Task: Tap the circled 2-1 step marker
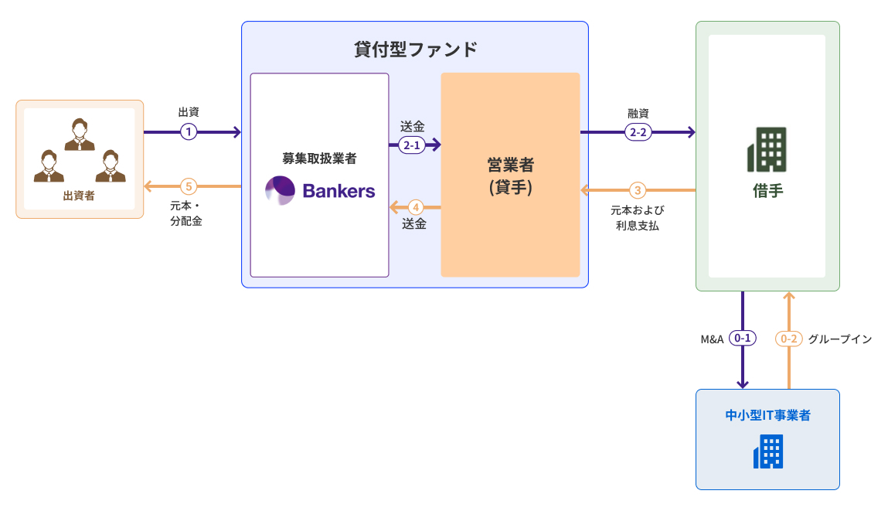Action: (x=411, y=144)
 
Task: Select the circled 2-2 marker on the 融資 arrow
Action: (x=638, y=132)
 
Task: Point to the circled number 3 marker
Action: (x=637, y=189)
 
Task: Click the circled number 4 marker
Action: (x=415, y=207)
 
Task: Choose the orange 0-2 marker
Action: (x=789, y=339)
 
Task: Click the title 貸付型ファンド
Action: (x=415, y=50)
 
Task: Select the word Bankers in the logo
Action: (x=339, y=190)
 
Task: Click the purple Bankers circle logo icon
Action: (x=280, y=190)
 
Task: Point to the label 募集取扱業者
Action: (x=319, y=158)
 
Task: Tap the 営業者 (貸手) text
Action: (x=510, y=175)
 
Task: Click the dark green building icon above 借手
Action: (x=767, y=149)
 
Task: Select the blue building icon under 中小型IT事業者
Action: (x=767, y=451)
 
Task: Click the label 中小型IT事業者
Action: (x=767, y=415)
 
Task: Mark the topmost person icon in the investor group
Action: (x=80, y=135)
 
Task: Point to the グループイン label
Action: (x=840, y=339)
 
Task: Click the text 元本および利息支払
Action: (x=637, y=218)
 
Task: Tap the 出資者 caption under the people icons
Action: (x=79, y=196)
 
